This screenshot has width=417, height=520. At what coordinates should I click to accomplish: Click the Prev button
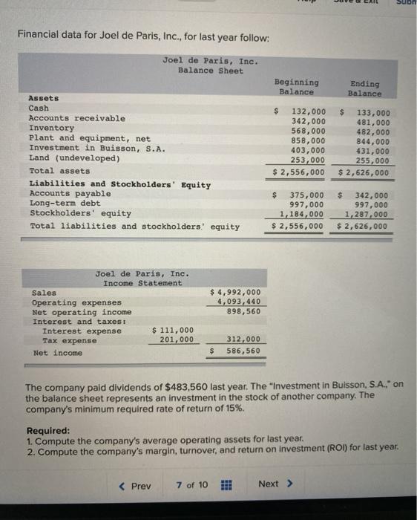pos(135,485)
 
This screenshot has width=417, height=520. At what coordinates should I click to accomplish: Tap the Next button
pos(275,484)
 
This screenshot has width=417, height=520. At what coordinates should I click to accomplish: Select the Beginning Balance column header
pos(297,87)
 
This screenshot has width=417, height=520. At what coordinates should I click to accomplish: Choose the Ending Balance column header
pos(364,88)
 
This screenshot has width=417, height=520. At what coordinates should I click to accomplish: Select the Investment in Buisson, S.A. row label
pos(96,148)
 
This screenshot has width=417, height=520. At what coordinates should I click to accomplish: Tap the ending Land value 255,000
pos(372,160)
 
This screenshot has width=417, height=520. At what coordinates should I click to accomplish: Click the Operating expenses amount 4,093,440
pos(238,302)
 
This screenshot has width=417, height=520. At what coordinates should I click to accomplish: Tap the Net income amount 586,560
pos(243,351)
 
